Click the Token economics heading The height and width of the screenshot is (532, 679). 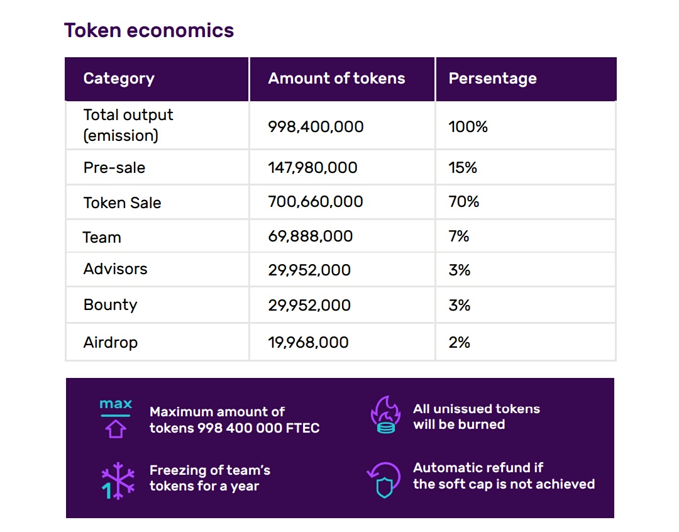pos(149,30)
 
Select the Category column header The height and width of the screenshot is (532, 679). pos(119,79)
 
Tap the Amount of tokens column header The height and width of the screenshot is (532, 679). pos(336,79)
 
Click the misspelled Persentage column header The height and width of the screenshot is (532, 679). pos(492,79)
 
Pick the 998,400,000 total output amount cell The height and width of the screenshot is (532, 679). pos(316,126)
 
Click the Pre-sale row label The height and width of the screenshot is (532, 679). pos(114,168)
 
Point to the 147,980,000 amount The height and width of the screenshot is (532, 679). pos(312,168)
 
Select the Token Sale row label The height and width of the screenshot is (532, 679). pos(122,202)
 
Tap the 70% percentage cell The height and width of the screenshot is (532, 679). pos(464,202)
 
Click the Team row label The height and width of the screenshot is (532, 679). pos(102,237)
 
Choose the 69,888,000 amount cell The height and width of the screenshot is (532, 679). pos(310,236)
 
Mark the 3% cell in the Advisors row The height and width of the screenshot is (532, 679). pos(460,270)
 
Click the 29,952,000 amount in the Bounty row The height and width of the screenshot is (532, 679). pos(309,305)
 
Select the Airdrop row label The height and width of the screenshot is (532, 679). pos(110,342)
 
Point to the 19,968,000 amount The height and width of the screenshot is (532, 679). pos(308,342)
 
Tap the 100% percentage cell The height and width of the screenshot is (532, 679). pos(468,126)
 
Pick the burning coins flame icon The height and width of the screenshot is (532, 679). pos(384,416)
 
